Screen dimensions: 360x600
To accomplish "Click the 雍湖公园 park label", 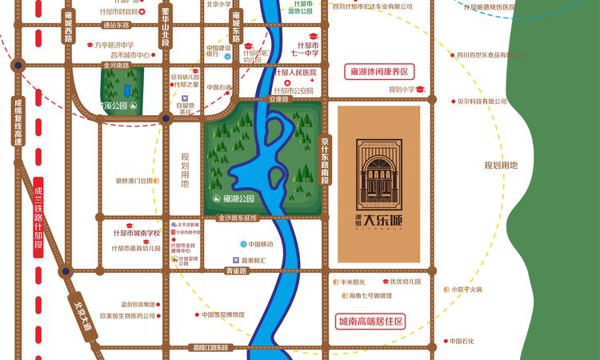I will pos(238,198).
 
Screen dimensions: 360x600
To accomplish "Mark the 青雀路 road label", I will pos(236,271).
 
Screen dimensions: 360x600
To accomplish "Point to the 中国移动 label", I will pos(259,244).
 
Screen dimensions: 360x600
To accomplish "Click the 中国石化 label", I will pos(462,341).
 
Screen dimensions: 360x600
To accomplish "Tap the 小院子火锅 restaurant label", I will pos(465,290).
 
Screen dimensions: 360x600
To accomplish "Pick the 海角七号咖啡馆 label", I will pos(370,296).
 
